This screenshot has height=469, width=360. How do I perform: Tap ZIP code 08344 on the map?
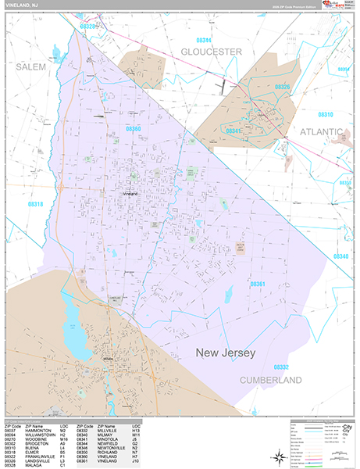[x=204, y=39]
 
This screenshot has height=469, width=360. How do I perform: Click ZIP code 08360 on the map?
[x=134, y=129]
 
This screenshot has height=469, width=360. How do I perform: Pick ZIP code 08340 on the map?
[x=340, y=256]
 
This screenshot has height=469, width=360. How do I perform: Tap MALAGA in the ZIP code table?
[x=36, y=466]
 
